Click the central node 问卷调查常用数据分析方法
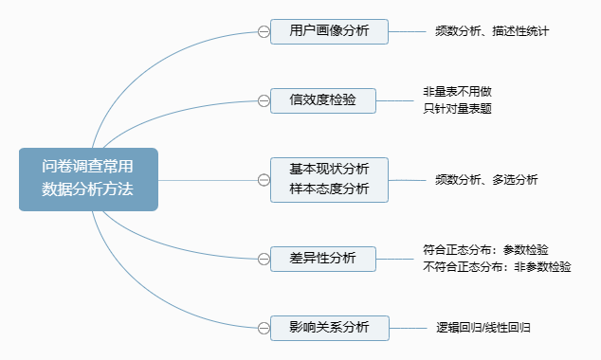[x=87, y=178]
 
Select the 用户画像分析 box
[x=329, y=31]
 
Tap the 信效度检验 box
[x=323, y=100]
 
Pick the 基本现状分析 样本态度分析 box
[x=329, y=178]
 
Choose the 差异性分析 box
[x=323, y=258]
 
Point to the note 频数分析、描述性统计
[x=493, y=31]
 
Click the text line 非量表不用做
[x=457, y=92]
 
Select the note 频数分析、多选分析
[x=486, y=179]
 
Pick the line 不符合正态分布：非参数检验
[x=497, y=266]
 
